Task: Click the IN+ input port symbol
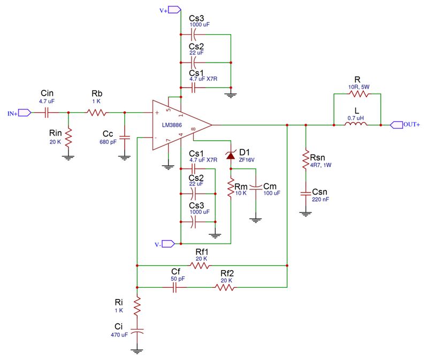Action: [x=25, y=112]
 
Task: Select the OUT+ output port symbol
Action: [x=396, y=125]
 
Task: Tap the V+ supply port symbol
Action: [x=174, y=10]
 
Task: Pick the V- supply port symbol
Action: [x=169, y=244]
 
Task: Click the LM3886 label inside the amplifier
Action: [x=172, y=125]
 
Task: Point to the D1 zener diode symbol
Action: [x=231, y=155]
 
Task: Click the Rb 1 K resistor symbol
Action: [x=96, y=112]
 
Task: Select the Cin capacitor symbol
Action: [x=47, y=112]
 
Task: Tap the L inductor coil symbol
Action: [x=356, y=124]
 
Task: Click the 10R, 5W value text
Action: [x=358, y=87]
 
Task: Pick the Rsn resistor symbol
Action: [x=305, y=159]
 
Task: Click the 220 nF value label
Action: [x=320, y=200]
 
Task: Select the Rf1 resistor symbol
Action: [x=200, y=265]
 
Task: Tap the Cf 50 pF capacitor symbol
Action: [x=175, y=287]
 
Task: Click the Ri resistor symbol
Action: [x=137, y=307]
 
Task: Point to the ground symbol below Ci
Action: [x=137, y=351]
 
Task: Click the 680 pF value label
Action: [x=108, y=142]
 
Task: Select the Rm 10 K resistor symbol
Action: [x=231, y=187]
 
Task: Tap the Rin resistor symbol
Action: [x=68, y=137]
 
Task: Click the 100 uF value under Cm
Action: [x=272, y=193]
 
